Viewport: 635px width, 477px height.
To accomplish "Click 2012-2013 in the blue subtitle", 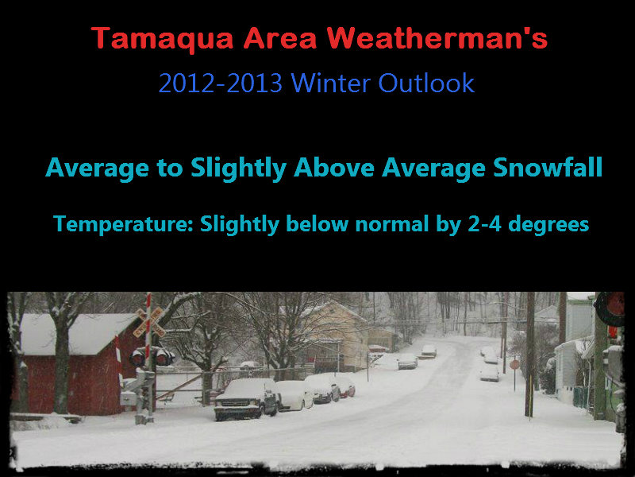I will tap(220, 83).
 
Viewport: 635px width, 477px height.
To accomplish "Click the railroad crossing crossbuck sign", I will tap(148, 320).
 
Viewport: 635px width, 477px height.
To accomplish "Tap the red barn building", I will tap(71, 362).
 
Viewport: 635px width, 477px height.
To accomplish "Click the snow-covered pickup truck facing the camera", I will tap(245, 397).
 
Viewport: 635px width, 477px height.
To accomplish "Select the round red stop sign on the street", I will tap(514, 364).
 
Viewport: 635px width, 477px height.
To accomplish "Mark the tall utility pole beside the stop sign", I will tap(529, 350).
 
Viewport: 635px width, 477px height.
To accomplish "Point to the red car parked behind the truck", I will tap(344, 386).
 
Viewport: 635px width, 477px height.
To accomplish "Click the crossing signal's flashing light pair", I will tap(151, 356).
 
